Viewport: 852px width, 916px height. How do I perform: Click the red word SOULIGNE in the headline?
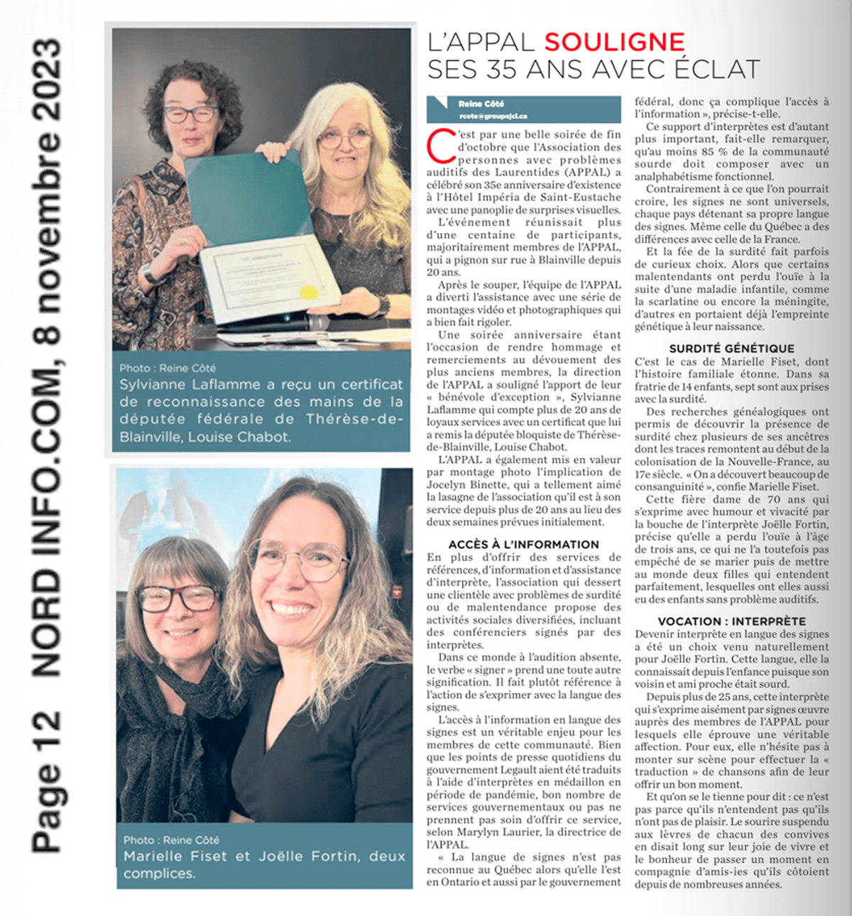[615, 43]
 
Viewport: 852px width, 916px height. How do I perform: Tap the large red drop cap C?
[440, 145]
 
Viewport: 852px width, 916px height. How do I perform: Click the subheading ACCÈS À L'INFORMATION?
[523, 544]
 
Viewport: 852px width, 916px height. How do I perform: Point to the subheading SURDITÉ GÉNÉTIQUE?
[731, 348]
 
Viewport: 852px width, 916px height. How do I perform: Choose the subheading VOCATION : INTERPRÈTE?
[731, 621]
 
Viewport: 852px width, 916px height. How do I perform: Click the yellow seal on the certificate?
[310, 292]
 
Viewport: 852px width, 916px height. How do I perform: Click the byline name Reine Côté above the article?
[481, 104]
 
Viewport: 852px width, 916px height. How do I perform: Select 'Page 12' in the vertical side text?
[47, 781]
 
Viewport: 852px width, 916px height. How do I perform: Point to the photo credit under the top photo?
[168, 368]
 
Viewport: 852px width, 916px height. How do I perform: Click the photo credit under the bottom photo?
[171, 840]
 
